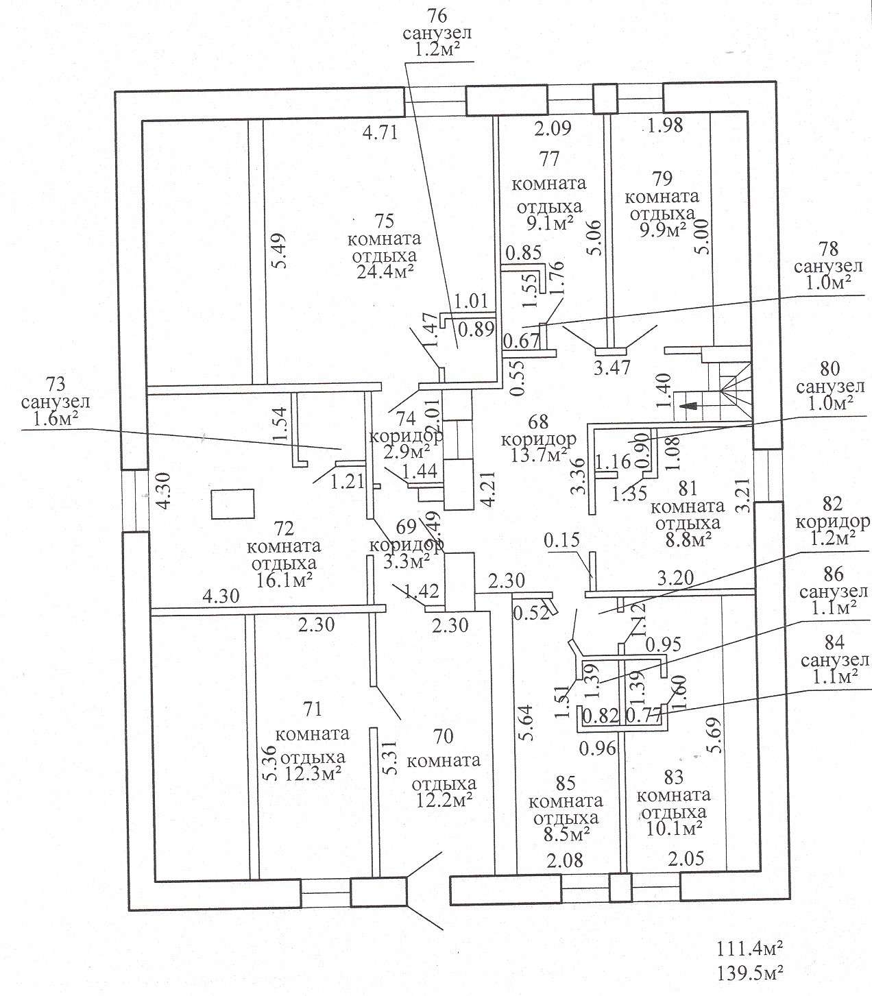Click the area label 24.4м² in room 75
coord(385,273)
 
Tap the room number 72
coord(284,529)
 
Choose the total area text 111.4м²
coord(751,950)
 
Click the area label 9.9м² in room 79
coord(662,230)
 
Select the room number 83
coord(673,778)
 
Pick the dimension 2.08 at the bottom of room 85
coord(566,860)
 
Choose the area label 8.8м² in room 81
coord(688,539)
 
